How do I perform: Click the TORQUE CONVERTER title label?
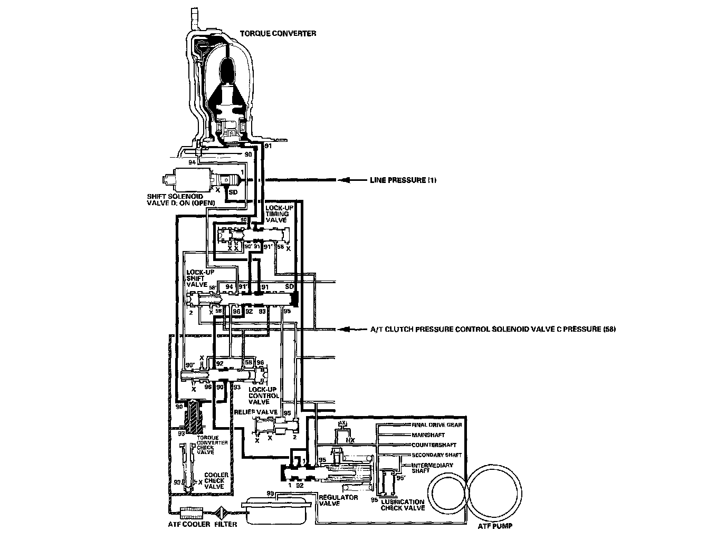pos(278,33)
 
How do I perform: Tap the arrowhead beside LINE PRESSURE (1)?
pos(343,180)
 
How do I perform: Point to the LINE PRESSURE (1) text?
pos(403,180)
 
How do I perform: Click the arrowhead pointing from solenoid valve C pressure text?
pos(343,330)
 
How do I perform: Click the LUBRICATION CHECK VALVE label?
pos(403,505)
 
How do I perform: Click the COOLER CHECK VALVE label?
pos(216,480)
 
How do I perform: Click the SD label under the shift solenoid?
pos(233,192)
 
